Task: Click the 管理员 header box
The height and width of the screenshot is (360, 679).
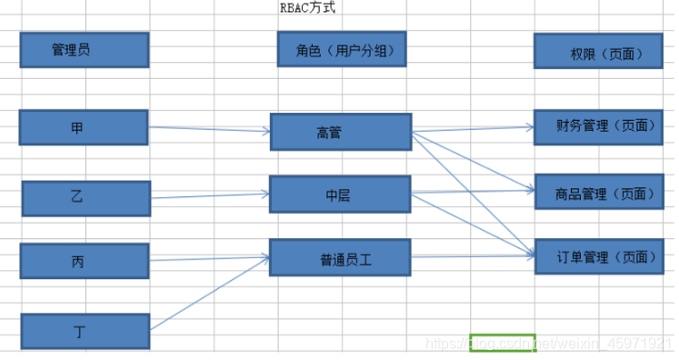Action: [x=84, y=50]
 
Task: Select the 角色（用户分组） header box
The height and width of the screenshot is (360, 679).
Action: [x=341, y=50]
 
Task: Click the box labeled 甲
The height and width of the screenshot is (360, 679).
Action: [x=84, y=127]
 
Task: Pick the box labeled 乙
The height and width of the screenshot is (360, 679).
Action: [x=84, y=197]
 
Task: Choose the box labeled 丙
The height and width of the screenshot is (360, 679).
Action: [x=84, y=261]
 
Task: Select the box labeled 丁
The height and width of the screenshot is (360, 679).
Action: [x=84, y=331]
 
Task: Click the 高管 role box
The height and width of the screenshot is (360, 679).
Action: [x=341, y=132]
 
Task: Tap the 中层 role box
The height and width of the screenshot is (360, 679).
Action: [x=341, y=195]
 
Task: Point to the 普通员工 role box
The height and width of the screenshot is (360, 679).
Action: [x=341, y=258]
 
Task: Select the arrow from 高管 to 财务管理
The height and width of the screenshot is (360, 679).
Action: [x=473, y=129]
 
